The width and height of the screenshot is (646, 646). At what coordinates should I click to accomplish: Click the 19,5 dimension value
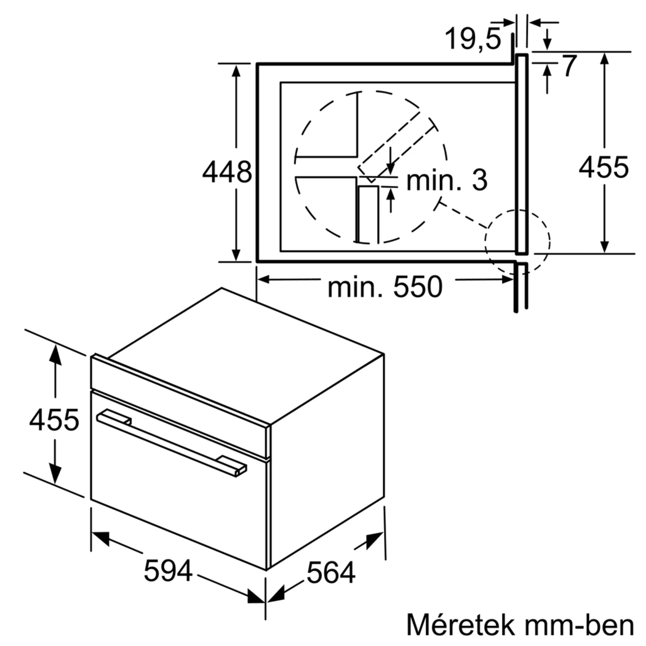473,39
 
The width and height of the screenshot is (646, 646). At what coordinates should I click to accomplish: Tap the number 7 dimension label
569,66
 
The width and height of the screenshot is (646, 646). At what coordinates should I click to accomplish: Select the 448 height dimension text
227,172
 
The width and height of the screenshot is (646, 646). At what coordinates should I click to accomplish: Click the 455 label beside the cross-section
604,167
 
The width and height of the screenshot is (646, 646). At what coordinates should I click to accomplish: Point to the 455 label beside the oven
54,420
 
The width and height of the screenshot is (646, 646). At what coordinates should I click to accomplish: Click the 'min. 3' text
447,181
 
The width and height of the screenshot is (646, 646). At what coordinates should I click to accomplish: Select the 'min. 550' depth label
385,287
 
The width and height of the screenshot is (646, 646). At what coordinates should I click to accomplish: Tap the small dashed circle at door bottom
517,241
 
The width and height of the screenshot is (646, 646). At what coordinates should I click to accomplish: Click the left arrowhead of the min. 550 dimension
264,279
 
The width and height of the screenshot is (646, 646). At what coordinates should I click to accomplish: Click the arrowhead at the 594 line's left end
101,538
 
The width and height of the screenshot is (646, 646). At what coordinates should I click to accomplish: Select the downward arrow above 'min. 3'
390,168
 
